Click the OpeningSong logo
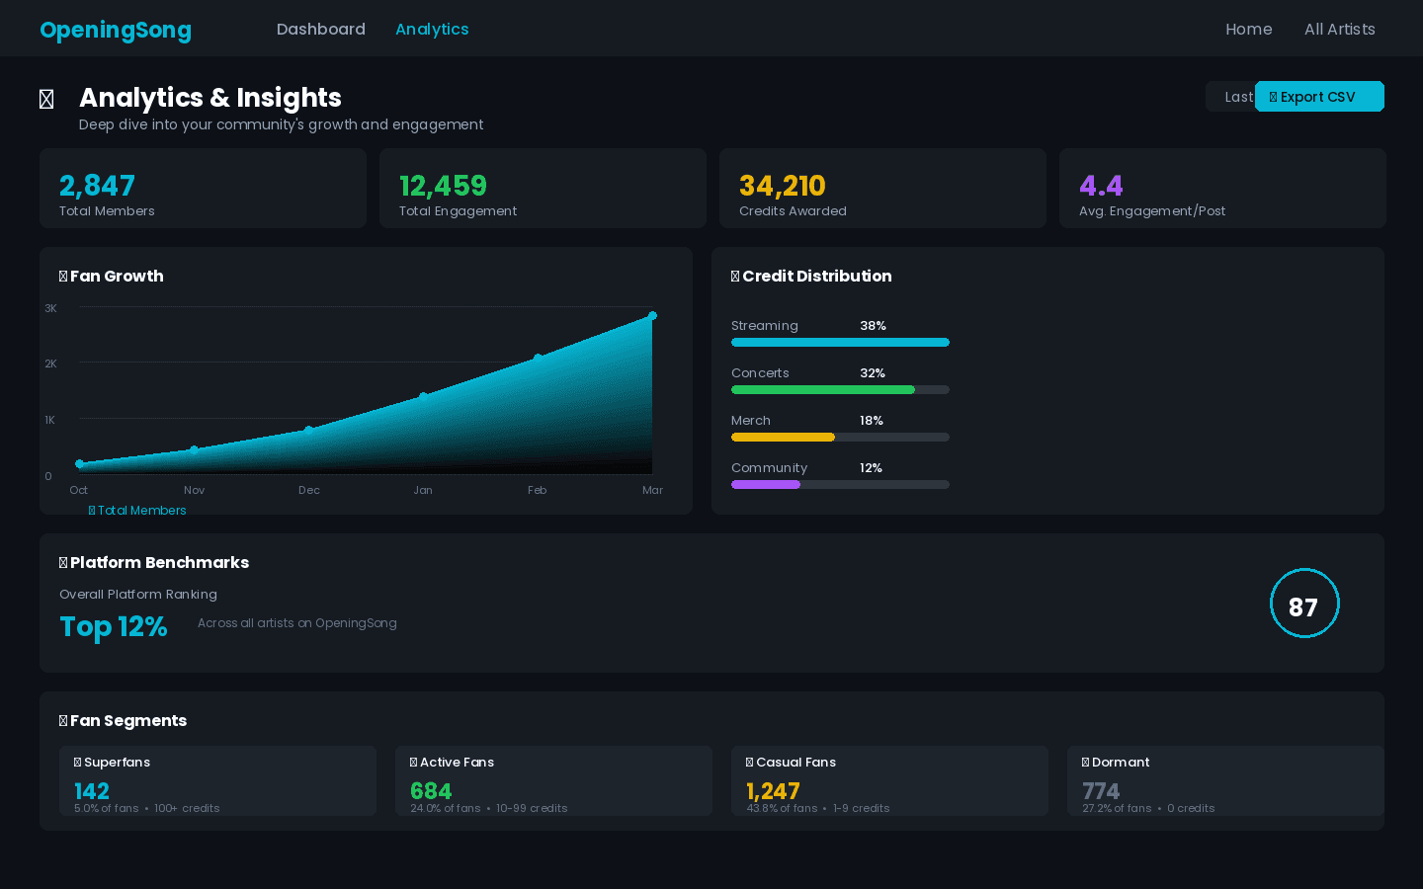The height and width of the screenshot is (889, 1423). point(116,30)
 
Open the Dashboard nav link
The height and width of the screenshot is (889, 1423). point(320,30)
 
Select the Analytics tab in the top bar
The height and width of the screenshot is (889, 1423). point(432,30)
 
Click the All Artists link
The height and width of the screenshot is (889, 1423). point(1339,30)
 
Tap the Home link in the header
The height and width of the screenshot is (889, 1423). point(1248,30)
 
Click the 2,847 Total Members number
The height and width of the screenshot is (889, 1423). point(97,186)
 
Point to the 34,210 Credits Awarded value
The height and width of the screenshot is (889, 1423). point(782,186)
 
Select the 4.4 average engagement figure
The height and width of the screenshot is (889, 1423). point(1101,186)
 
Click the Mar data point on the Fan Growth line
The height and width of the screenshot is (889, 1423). point(652,316)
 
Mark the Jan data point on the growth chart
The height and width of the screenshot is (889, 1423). point(423,397)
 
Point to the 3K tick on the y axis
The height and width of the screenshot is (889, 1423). point(50,308)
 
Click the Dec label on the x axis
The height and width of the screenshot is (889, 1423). point(309,490)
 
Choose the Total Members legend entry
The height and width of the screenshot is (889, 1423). point(137,511)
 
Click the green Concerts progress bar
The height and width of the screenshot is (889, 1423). point(822,390)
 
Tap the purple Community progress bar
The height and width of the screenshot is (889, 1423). point(766,485)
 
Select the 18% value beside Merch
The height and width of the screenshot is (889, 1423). point(871,421)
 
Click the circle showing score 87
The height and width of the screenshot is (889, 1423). point(1303,604)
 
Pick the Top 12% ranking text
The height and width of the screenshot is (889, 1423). point(114,626)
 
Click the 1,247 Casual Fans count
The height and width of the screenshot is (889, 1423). point(773,791)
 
